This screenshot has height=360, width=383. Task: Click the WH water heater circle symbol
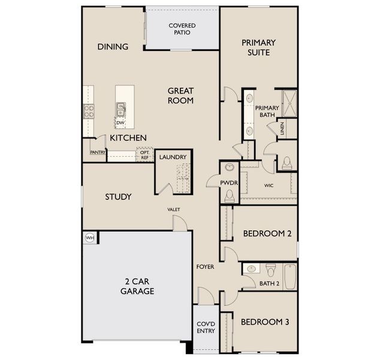[x=91, y=238]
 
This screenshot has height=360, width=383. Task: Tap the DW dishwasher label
[x=120, y=123]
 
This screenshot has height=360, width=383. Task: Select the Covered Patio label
[x=183, y=29]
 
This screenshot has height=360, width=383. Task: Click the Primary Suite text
[x=258, y=47]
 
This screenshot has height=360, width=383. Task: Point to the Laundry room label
[x=173, y=157]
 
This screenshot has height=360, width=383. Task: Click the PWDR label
[x=228, y=182]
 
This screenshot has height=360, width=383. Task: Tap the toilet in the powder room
[x=228, y=195]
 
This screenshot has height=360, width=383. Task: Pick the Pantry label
[x=98, y=152]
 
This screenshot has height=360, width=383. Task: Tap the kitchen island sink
[x=121, y=109]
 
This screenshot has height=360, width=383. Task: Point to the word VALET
[x=174, y=209]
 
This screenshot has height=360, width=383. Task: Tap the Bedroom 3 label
[x=265, y=322]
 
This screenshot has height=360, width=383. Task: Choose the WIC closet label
[x=269, y=185]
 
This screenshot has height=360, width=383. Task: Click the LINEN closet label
[x=281, y=129]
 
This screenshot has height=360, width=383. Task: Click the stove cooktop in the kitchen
[x=88, y=110]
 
